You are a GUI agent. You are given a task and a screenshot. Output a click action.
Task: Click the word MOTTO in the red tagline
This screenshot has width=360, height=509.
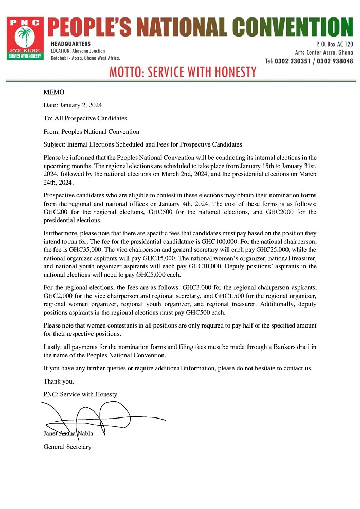pos(125,72)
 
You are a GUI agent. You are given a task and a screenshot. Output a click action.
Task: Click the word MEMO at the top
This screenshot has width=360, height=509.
pos(54,92)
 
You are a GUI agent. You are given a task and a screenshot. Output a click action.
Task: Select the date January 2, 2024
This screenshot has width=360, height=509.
pos(80,105)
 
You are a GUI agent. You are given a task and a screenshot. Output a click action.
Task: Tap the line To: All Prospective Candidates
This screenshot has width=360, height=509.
pos(85,118)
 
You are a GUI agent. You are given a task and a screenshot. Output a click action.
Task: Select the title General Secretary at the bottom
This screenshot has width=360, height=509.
pos(67,447)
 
